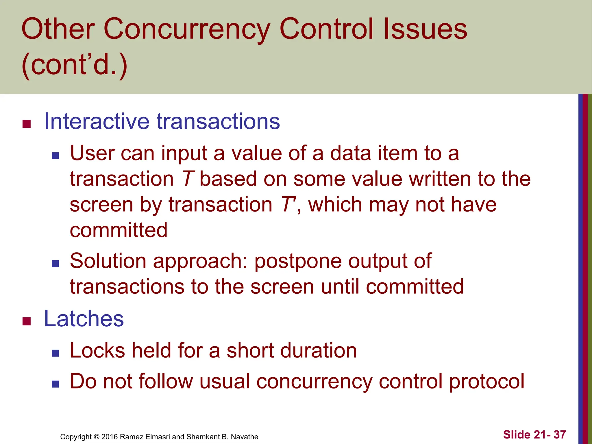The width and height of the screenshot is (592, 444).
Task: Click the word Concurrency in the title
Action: tap(186, 29)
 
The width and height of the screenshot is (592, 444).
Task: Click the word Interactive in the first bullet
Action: tap(97, 121)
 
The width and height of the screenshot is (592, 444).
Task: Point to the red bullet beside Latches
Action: tap(27, 321)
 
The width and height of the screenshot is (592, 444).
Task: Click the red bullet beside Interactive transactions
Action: tap(27, 124)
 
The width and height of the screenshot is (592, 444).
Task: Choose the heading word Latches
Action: tap(84, 319)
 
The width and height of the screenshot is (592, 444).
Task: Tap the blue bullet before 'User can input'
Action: tap(55, 156)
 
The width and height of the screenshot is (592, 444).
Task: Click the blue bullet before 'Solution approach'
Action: tap(55, 263)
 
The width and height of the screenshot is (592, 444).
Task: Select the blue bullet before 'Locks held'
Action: tap(55, 353)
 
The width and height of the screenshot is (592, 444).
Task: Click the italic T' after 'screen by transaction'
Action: tap(288, 205)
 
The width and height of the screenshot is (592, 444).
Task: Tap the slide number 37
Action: tap(560, 434)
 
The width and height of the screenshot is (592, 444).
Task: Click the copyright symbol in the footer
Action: tap(97, 437)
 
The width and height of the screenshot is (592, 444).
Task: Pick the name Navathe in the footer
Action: tap(244, 437)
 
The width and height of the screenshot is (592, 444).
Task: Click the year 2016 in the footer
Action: tap(109, 437)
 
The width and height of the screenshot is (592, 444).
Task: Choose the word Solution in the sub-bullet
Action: tap(108, 261)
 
